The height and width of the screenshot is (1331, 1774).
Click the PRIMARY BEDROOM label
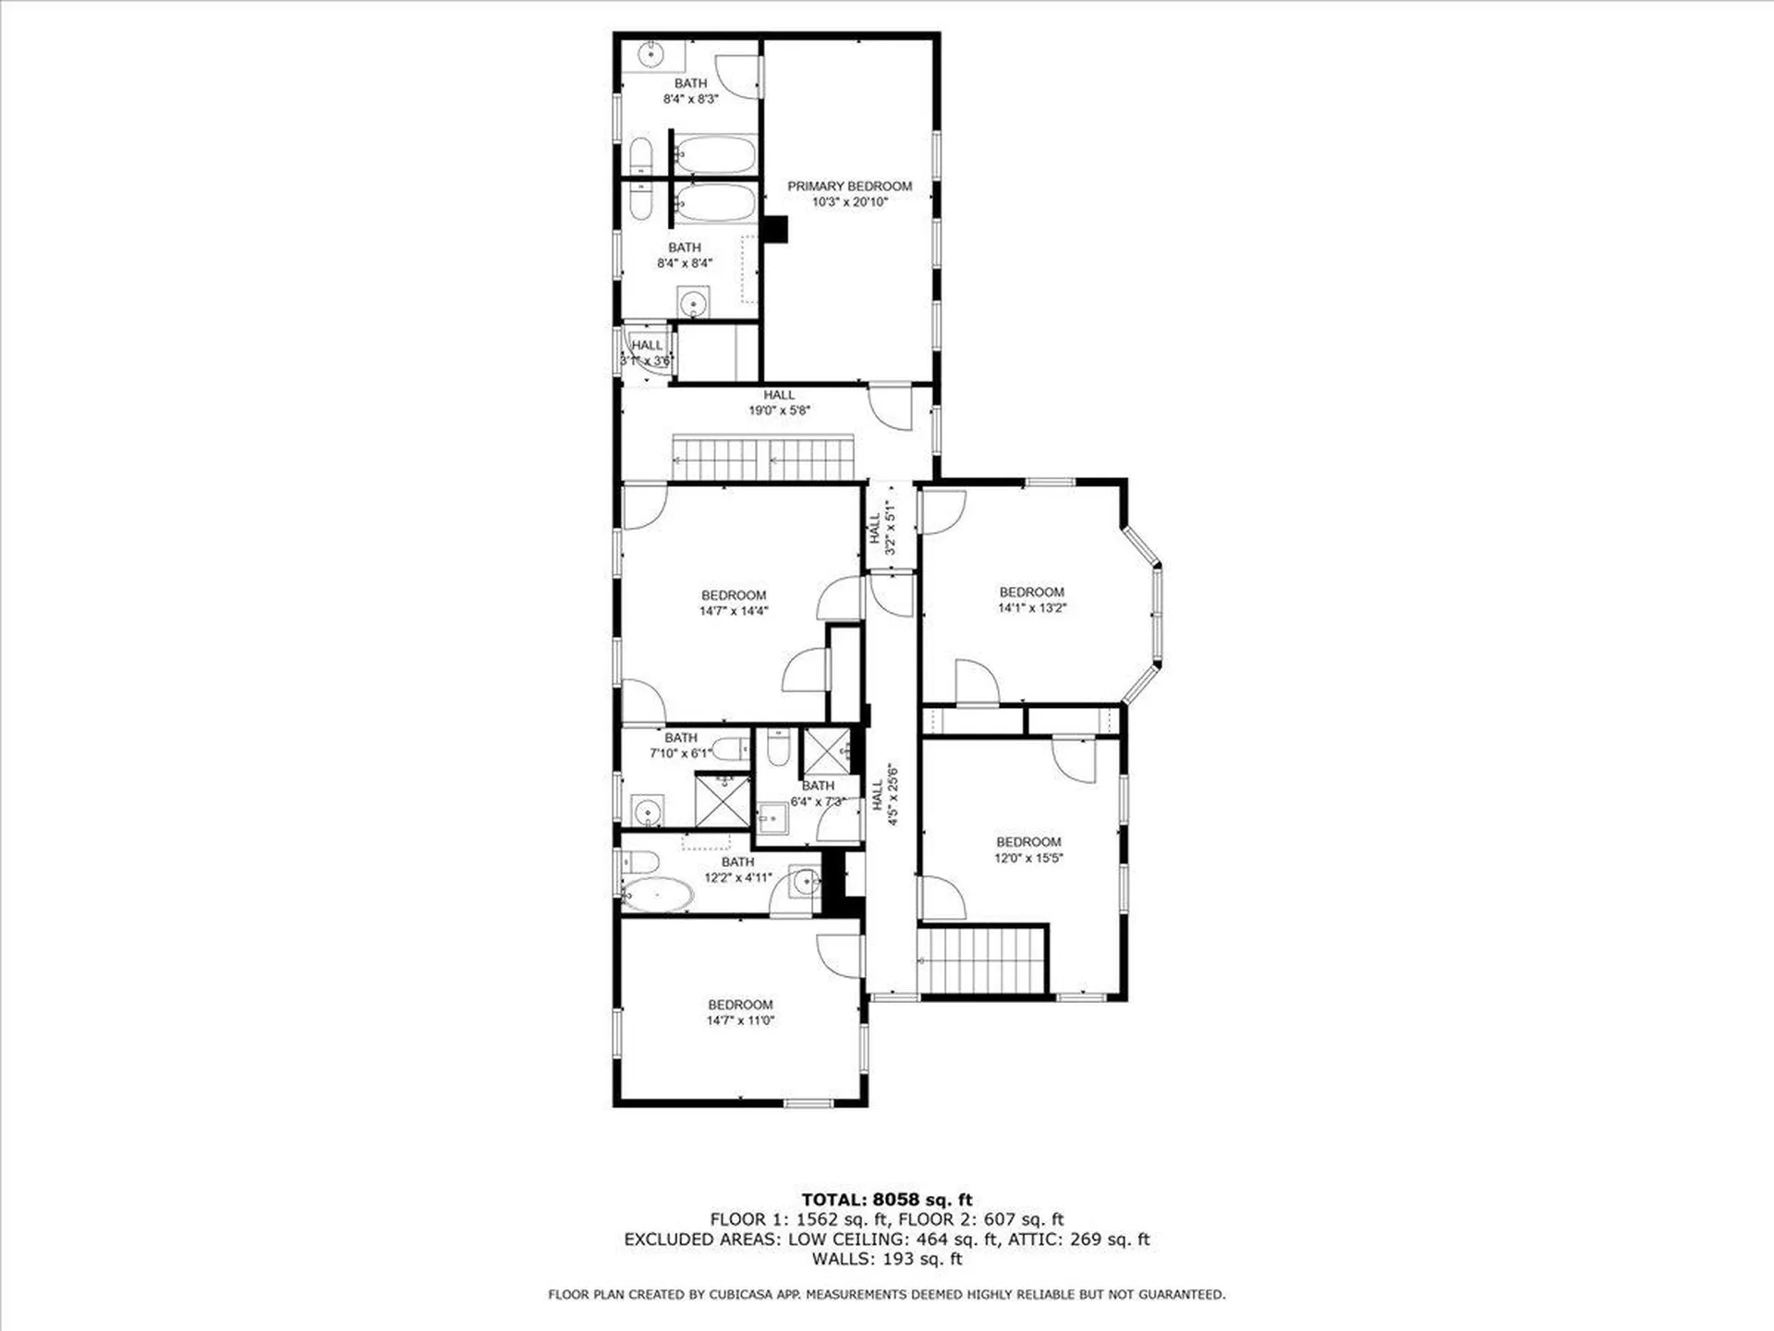[849, 186]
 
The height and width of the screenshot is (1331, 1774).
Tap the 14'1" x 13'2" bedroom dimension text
[1032, 608]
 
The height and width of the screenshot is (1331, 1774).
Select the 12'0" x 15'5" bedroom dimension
[1028, 858]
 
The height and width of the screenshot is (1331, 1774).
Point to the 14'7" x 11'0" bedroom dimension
[740, 1020]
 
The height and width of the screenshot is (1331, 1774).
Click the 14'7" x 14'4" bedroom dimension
[734, 611]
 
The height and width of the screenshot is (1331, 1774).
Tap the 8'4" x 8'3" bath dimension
[690, 99]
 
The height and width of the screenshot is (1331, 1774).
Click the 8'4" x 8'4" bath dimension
[685, 263]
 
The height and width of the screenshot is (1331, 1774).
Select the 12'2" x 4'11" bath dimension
[737, 877]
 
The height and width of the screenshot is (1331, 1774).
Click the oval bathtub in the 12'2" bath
[657, 895]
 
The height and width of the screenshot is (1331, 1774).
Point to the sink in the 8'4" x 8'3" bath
[651, 55]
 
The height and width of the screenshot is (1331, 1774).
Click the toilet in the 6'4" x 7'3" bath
[778, 746]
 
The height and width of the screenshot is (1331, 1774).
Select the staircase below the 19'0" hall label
[763, 458]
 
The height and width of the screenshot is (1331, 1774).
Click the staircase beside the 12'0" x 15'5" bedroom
[983, 959]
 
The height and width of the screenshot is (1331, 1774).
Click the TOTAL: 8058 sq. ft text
[886, 1200]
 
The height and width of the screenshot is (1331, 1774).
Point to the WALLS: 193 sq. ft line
[886, 1259]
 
